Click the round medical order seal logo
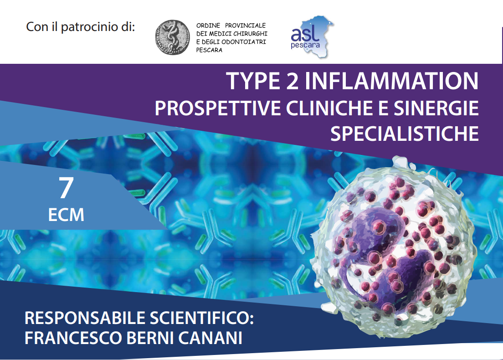[x=173, y=37]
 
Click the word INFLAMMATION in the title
[x=391, y=81]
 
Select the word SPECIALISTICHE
[x=405, y=134]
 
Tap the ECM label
[x=66, y=215]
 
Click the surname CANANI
[x=210, y=338]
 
